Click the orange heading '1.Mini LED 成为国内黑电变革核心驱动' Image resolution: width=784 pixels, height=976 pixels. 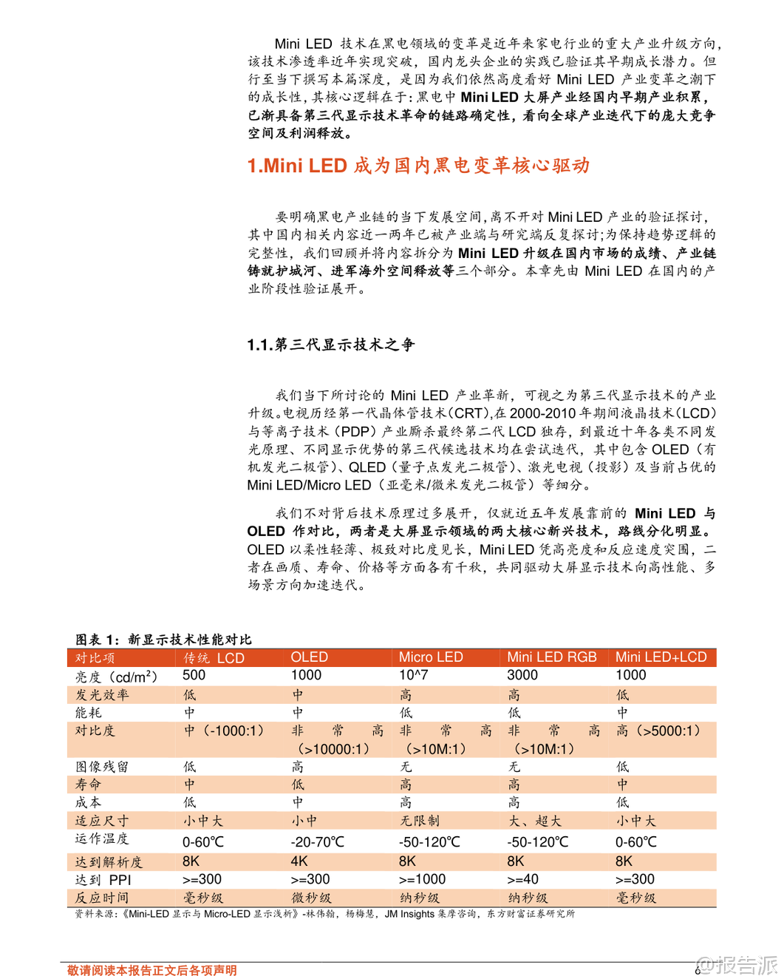pos(418,166)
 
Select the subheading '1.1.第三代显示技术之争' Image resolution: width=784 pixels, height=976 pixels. pos(331,345)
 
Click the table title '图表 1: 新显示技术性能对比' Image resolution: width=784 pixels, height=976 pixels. pos(163,639)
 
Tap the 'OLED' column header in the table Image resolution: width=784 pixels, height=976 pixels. pos(310,657)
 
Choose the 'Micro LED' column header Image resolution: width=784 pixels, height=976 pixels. pos(431,657)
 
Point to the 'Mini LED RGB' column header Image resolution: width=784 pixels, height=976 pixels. pos(552,657)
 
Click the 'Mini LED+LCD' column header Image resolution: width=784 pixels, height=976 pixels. pos(661,657)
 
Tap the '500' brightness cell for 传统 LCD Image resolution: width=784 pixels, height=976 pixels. pos(194,675)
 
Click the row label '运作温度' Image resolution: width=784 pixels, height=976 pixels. pos(102,839)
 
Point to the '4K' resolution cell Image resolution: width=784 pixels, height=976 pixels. pos(299,861)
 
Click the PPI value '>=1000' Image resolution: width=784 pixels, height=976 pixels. pos(423,879)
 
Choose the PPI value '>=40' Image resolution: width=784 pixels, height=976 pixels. pos(523,879)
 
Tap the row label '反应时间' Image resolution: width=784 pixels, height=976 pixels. pos(102,898)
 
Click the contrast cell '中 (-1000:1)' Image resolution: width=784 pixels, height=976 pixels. pos(224,731)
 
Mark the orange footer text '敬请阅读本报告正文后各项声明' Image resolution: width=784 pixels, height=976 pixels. pos(152,970)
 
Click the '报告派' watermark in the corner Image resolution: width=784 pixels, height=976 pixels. pos(739,964)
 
